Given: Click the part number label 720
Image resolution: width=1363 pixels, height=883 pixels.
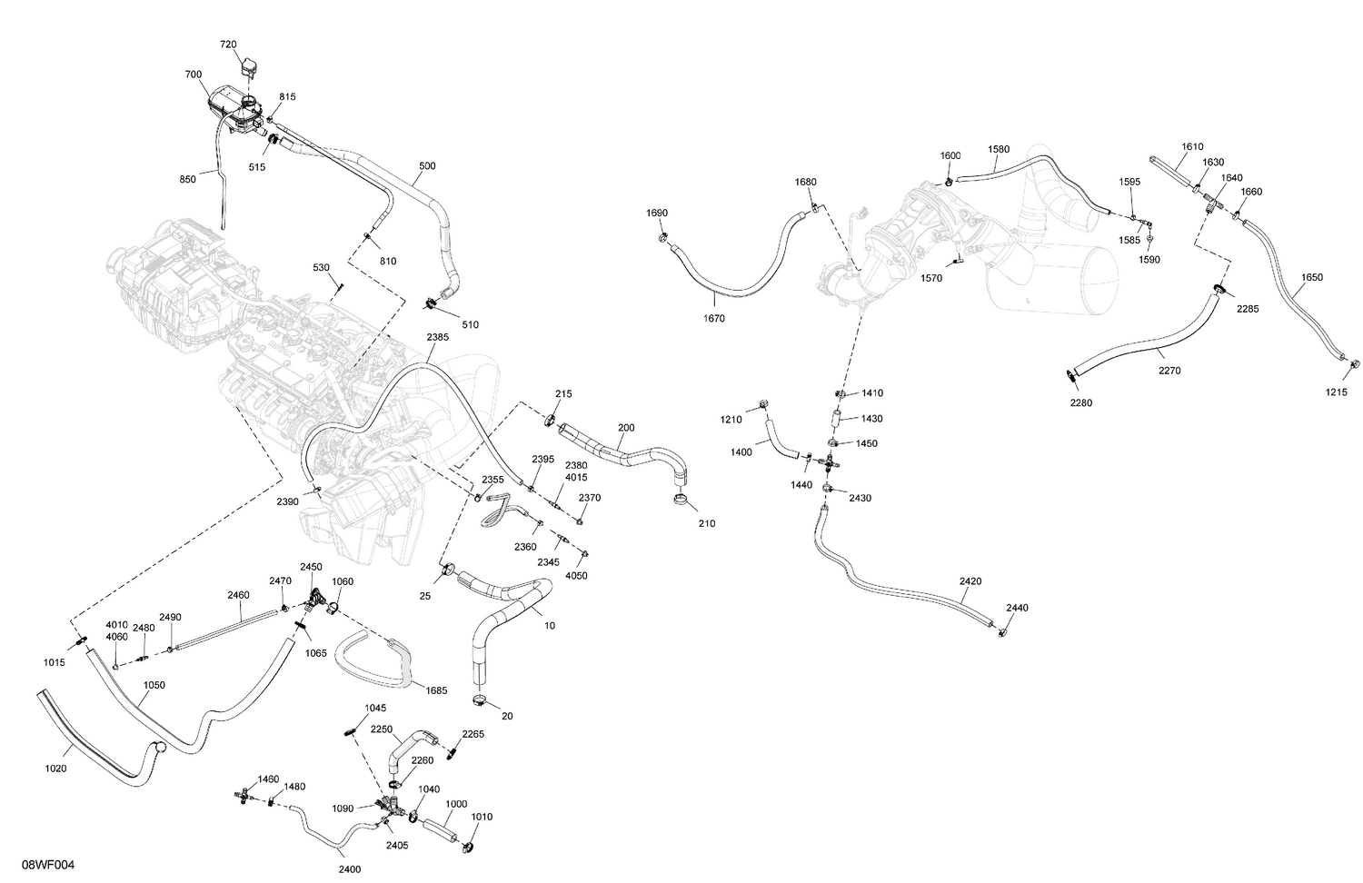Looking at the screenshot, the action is [228, 45].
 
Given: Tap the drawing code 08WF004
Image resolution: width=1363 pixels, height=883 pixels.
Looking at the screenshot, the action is [49, 865].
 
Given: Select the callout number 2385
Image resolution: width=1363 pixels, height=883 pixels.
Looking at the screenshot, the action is [437, 337].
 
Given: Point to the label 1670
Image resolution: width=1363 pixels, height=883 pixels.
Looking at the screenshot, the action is [713, 318].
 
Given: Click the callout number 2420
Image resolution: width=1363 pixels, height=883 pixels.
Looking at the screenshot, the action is [970, 581].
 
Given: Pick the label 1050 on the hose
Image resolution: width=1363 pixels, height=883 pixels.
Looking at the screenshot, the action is [154, 685].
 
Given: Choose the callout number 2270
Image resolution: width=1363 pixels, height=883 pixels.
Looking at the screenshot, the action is [1169, 371].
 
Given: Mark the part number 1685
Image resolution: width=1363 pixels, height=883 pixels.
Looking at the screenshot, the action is [436, 690].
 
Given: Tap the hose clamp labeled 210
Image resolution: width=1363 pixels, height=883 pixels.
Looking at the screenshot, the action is [681, 501].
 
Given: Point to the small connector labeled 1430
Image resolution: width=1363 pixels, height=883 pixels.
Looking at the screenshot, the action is [836, 419].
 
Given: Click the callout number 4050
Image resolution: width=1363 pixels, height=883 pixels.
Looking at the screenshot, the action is [576, 575].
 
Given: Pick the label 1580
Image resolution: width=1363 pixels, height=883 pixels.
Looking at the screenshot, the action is [999, 149].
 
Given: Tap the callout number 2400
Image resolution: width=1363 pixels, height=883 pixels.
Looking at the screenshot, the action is [350, 869].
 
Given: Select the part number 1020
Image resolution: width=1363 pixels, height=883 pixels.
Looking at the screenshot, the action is [55, 769].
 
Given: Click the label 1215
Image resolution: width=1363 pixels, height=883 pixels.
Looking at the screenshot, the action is [1337, 392].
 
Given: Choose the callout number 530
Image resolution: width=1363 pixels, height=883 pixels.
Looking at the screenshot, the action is [321, 268].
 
